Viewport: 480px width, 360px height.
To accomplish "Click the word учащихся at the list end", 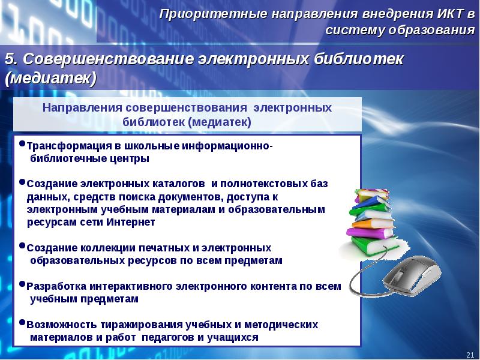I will tap(235, 337).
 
